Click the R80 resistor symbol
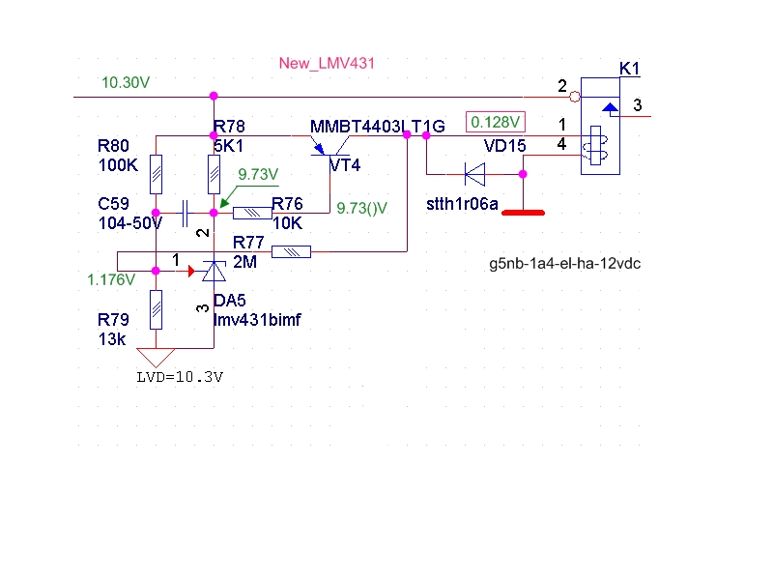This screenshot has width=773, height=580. click(x=156, y=174)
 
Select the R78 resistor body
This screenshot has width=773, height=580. click(x=214, y=174)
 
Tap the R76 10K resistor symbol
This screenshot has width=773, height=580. click(x=252, y=213)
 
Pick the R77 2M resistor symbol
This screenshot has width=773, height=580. click(x=292, y=252)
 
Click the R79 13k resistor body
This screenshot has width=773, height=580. click(x=156, y=309)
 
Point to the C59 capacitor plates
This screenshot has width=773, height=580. click(x=185, y=213)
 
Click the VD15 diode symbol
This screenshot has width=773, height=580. click(x=474, y=174)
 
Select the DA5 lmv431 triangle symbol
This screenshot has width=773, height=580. click(x=214, y=272)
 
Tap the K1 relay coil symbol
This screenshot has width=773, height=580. click(x=595, y=146)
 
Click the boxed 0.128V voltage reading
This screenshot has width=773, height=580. click(x=496, y=123)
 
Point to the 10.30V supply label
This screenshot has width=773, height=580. click(x=126, y=82)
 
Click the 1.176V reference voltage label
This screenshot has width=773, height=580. click(x=111, y=280)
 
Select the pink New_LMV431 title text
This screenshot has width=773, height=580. click(x=327, y=63)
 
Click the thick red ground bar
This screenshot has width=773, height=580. click(x=523, y=213)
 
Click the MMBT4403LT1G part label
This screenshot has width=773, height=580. click(x=378, y=127)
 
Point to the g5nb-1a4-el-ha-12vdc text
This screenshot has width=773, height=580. click(x=565, y=263)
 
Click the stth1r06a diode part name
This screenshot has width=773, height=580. click(x=462, y=204)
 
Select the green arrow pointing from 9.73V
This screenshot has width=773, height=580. click(x=249, y=197)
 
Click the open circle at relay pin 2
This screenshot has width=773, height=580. click(x=575, y=97)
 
